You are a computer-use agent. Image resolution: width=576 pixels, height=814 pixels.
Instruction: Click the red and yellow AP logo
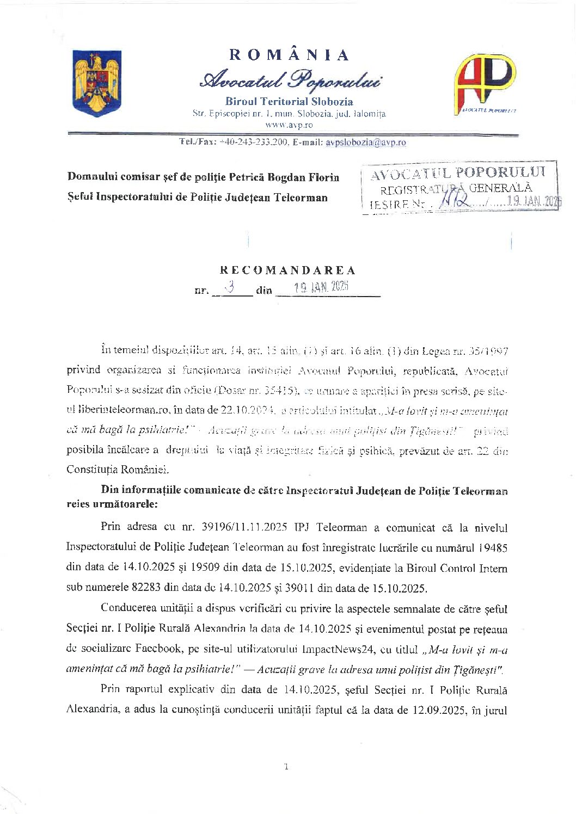[485, 83]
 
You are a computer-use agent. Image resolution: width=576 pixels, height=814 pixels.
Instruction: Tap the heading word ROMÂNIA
[289, 55]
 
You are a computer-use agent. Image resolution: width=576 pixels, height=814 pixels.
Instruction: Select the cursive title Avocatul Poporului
[290, 80]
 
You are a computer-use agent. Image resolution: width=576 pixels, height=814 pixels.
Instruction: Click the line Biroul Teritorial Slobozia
[289, 102]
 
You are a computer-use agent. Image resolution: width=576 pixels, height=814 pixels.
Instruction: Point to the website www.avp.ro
[289, 125]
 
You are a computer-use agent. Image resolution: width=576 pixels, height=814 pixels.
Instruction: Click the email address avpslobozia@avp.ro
[365, 143]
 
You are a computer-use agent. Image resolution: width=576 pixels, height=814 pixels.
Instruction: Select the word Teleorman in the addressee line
[301, 198]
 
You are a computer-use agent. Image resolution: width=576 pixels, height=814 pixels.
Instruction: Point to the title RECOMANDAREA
[288, 270]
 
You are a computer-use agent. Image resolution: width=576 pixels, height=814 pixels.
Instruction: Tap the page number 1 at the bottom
[286, 767]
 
